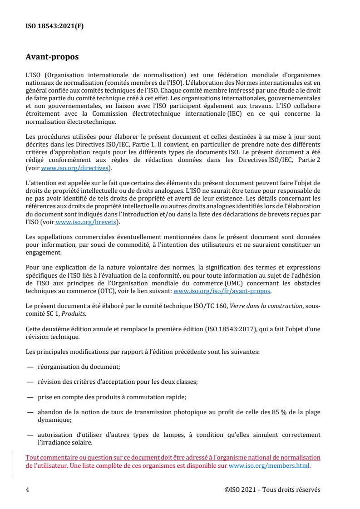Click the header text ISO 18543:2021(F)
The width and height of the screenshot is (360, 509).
54,26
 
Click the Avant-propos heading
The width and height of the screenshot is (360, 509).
52,57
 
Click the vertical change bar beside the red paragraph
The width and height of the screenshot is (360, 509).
13,461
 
